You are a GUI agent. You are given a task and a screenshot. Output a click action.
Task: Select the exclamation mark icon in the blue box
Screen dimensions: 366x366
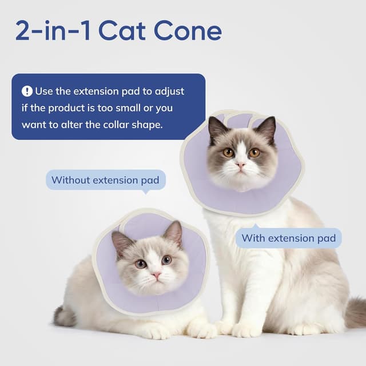(27, 91)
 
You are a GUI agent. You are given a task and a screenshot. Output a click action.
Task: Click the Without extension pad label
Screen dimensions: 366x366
(106, 180)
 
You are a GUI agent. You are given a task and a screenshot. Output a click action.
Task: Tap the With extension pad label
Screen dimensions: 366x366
(288, 238)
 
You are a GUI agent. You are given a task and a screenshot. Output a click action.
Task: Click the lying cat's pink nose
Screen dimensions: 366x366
(156, 275)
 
